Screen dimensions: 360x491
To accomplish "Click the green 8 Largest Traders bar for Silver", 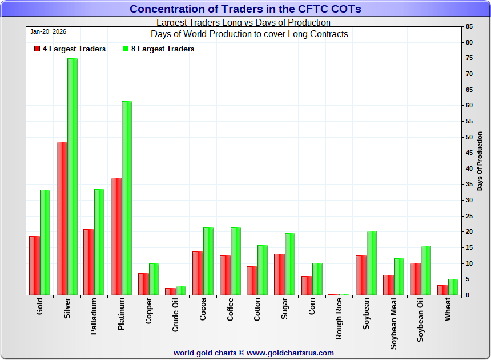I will click(x=73, y=177).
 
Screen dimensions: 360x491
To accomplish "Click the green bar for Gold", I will click(x=45, y=242).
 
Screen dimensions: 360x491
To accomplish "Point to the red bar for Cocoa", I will click(x=198, y=273).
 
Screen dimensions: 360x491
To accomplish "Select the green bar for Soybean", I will click(x=372, y=263).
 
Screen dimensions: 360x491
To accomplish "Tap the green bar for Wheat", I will click(x=453, y=287).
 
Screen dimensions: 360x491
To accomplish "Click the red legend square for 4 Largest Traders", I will click(x=37, y=49).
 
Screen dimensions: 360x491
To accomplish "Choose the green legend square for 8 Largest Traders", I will click(x=126, y=49).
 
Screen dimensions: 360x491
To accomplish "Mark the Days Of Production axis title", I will click(x=480, y=161).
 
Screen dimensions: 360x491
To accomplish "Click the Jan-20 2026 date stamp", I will click(x=48, y=32).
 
